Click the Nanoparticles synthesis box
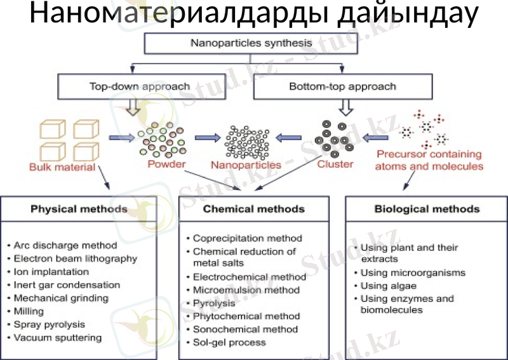(251, 44)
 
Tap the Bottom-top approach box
(343, 86)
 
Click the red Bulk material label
(62, 168)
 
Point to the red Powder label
(166, 164)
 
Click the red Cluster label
(335, 164)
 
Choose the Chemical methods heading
(254, 208)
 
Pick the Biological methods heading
(427, 208)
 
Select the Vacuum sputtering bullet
(58, 338)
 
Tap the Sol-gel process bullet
(229, 342)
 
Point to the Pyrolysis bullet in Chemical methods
(214, 303)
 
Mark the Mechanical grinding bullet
(61, 298)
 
